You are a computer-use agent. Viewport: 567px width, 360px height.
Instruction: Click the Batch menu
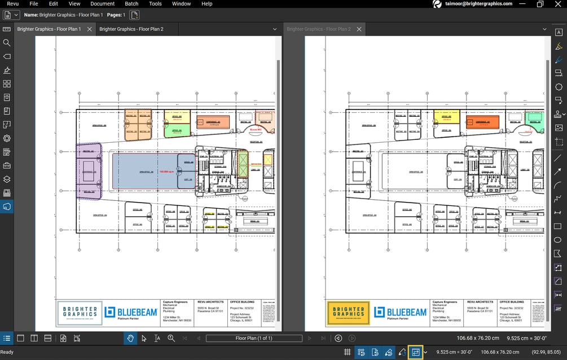coord(131,3)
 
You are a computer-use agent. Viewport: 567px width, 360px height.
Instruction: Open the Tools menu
coord(155,3)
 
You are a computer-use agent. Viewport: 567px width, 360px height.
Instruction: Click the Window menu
coord(181,3)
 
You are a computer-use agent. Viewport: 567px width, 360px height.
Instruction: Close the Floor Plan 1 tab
coord(89,29)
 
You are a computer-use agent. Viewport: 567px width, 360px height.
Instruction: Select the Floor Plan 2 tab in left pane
coord(131,29)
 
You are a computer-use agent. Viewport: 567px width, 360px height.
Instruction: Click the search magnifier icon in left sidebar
coord(7,43)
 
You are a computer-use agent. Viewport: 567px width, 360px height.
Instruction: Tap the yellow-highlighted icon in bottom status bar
coord(416,352)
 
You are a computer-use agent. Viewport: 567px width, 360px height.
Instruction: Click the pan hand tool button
coord(130,338)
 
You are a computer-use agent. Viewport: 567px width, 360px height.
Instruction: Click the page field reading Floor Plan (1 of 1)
coord(253,338)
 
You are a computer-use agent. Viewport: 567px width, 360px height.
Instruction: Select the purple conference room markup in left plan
coord(89,171)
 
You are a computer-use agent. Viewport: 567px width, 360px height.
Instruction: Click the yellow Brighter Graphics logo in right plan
coord(348,313)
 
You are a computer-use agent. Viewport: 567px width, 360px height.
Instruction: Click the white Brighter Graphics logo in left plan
coord(79,313)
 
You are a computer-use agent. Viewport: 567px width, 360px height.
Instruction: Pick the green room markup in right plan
coord(534,118)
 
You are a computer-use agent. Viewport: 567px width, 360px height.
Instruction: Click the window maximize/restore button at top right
coord(539,4)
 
